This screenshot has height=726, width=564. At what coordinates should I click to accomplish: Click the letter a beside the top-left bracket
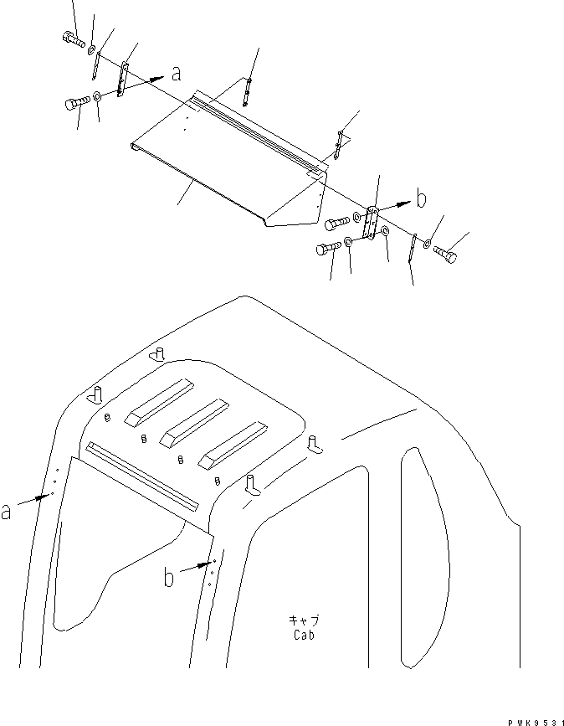tap(176, 74)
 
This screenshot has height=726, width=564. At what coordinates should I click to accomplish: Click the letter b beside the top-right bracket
tap(422, 199)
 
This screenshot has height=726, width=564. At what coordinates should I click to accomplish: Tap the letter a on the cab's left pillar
tap(7, 511)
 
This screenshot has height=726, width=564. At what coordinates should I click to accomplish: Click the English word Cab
tap(304, 634)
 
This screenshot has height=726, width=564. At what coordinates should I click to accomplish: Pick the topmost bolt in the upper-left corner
tap(72, 39)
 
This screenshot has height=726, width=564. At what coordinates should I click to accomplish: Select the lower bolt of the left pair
tap(74, 104)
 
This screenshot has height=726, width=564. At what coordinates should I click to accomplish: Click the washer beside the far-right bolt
tap(427, 245)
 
